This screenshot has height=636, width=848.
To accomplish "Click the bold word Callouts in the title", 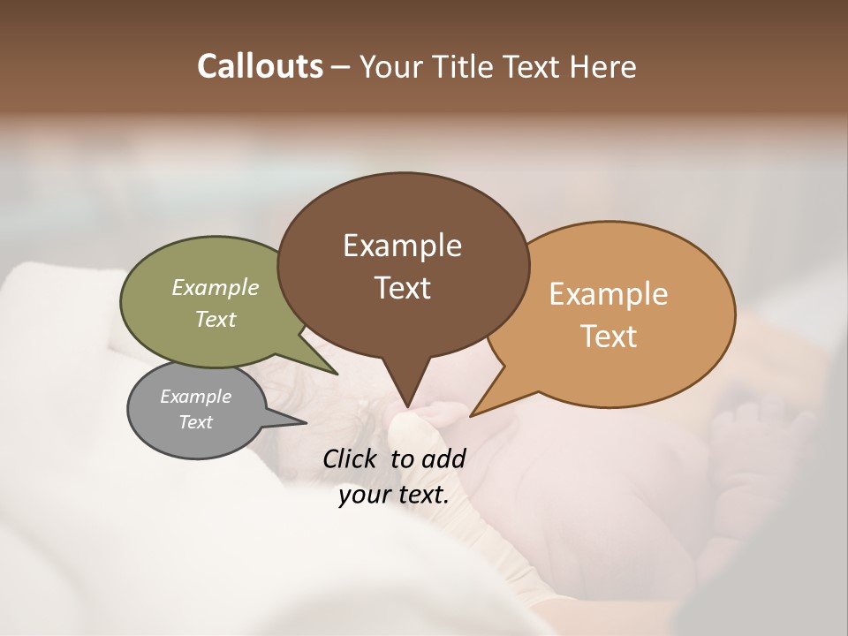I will (260, 66).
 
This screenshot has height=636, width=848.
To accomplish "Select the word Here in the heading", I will (604, 66).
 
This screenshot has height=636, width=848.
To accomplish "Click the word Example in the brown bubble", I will (402, 246).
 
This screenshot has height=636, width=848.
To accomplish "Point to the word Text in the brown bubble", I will (402, 288).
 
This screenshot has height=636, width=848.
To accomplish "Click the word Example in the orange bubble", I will (609, 294).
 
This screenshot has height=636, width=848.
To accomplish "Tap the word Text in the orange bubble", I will (609, 337).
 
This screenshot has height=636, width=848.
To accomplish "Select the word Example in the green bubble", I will (216, 288).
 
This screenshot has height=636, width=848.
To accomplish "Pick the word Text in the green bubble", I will (216, 319).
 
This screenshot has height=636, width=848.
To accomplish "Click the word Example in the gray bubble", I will (195, 397).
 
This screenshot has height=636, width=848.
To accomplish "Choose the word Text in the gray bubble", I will (195, 422).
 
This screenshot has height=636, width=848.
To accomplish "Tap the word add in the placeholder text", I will (443, 458).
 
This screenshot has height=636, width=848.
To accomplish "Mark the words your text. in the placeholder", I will (394, 495).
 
